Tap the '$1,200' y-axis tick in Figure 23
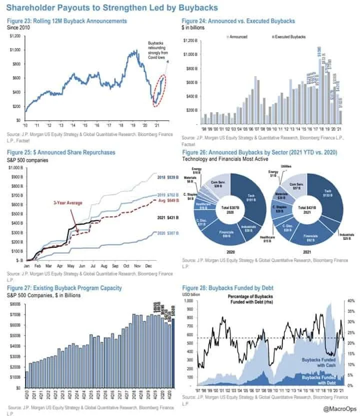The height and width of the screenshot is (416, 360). [15, 37]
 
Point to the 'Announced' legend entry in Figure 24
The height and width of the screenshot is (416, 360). [238, 37]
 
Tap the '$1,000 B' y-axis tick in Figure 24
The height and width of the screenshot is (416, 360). [191, 54]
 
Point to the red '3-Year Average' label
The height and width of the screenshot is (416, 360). [68, 203]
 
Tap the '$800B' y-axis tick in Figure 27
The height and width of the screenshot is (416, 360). [15, 304]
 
